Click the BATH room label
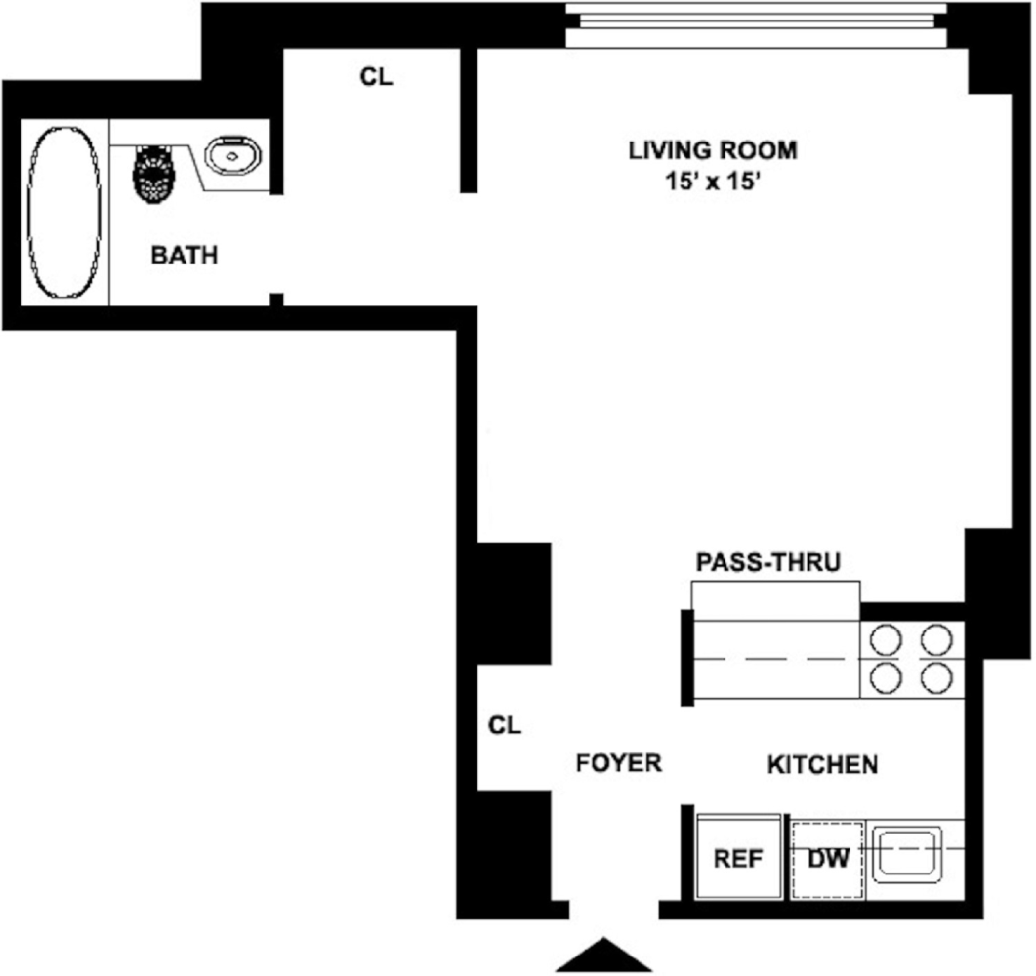(x=184, y=257)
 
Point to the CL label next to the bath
(x=376, y=78)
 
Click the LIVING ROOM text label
(x=712, y=151)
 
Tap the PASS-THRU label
(x=767, y=563)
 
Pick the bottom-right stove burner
(x=936, y=677)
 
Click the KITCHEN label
(x=822, y=764)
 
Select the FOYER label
(x=618, y=762)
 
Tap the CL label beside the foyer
(x=505, y=726)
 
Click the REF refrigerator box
(x=738, y=858)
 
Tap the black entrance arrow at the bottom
(x=603, y=956)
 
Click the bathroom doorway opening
(x=276, y=244)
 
